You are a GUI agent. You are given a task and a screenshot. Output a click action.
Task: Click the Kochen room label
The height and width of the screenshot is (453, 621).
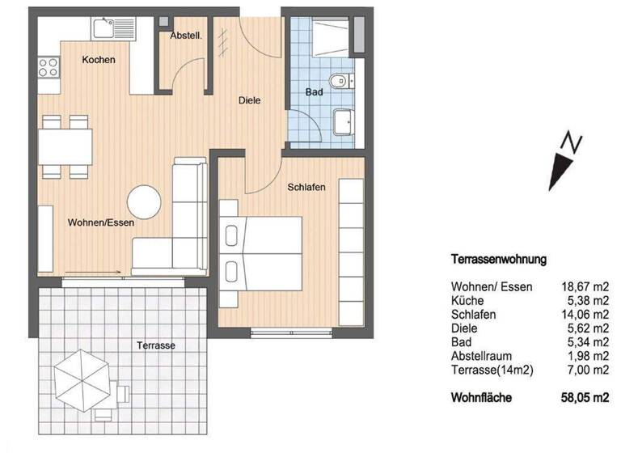(x=99, y=60)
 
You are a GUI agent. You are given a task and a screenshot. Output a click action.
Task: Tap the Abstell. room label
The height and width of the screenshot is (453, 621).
(x=185, y=36)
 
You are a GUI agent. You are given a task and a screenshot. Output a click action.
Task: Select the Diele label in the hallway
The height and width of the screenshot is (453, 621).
(x=250, y=100)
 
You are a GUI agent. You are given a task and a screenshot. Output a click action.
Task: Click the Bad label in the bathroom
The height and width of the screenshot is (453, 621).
(x=314, y=92)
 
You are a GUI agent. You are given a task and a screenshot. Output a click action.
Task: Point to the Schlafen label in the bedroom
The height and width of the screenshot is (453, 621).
(x=306, y=187)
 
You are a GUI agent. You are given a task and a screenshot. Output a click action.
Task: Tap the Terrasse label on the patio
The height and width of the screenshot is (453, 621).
(x=157, y=345)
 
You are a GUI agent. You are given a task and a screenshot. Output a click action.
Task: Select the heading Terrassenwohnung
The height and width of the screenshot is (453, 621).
(x=498, y=260)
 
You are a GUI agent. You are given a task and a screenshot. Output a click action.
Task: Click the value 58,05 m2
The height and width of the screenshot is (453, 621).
(x=584, y=397)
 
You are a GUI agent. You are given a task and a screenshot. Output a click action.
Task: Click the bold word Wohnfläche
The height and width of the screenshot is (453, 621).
(x=480, y=397)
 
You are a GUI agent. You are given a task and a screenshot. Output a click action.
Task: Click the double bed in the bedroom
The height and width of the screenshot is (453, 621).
(x=261, y=252)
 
